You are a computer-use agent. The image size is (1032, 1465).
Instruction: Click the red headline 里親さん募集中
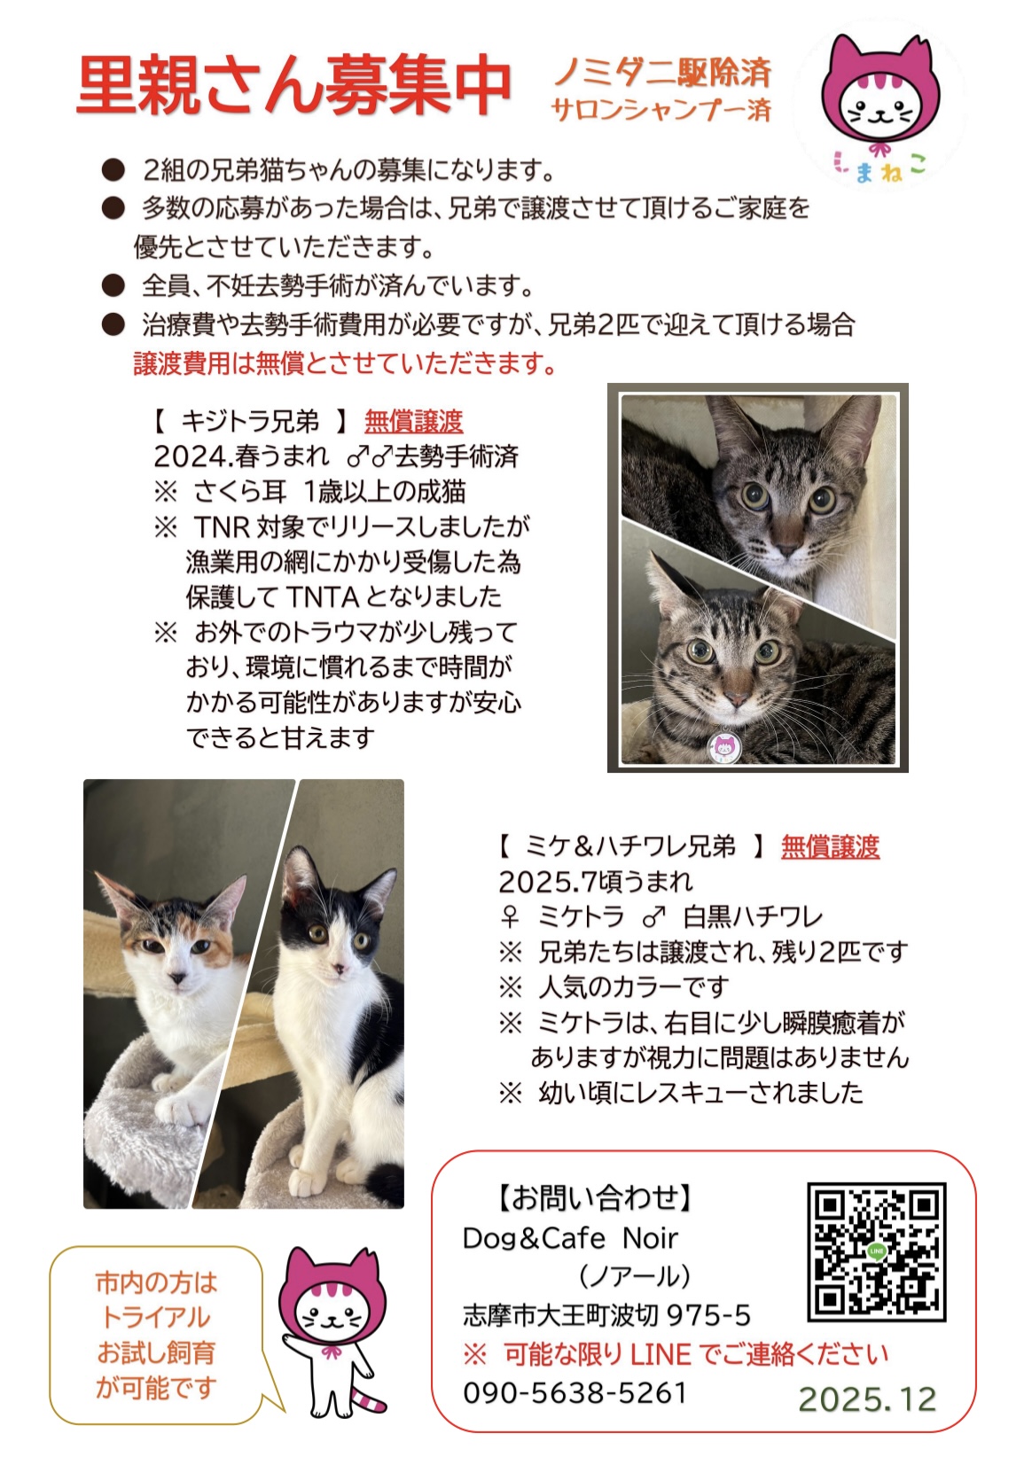[x=293, y=86]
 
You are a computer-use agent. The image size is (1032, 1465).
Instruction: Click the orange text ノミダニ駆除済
[x=662, y=72]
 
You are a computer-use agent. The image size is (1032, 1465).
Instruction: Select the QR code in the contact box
[x=876, y=1251]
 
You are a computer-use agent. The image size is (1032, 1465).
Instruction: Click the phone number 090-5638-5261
[x=575, y=1392]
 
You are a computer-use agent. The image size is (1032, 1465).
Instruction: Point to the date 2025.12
[x=867, y=1399]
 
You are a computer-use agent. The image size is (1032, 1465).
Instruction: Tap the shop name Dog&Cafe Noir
[x=570, y=1238]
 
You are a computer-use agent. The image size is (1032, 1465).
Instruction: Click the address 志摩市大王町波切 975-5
[x=606, y=1315]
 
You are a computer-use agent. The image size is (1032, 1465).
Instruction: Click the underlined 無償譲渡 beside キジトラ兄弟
[x=413, y=421]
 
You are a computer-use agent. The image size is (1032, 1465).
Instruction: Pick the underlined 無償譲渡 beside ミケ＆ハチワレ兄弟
[x=830, y=846]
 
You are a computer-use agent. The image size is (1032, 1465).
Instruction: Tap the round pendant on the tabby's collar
[x=724, y=745]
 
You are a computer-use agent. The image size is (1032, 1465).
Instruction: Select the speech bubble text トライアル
[x=156, y=1317]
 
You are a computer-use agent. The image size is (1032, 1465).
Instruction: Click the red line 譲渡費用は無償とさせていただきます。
[x=345, y=363]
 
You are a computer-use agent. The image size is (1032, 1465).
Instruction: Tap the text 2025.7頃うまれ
[x=596, y=882]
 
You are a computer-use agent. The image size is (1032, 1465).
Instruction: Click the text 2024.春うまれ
[x=241, y=456]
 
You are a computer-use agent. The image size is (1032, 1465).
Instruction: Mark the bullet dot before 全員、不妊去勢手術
[x=113, y=285]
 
